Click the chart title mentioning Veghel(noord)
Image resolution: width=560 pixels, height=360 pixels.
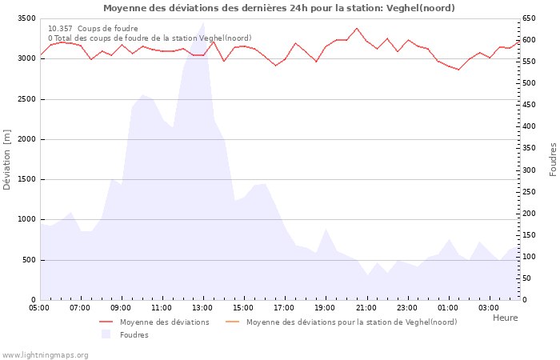(x=278, y=8)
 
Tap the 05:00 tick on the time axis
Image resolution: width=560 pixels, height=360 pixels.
(x=39, y=307)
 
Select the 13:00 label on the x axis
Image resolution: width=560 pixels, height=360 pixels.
(x=203, y=307)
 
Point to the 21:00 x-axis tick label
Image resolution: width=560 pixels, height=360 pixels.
(x=366, y=307)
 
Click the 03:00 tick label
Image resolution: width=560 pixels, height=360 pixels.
(x=489, y=307)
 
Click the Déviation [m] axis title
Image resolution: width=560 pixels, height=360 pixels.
(x=7, y=159)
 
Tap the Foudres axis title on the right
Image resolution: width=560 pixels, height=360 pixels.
(x=553, y=159)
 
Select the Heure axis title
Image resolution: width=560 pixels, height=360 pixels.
(x=505, y=318)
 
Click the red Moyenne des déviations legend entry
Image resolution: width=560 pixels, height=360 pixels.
(x=164, y=322)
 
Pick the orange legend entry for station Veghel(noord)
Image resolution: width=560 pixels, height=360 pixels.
(x=351, y=322)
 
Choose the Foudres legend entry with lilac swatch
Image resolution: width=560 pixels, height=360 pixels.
(x=134, y=334)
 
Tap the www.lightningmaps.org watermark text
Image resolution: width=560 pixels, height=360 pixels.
(x=45, y=354)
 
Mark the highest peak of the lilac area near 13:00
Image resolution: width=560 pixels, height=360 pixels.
(x=203, y=22)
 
